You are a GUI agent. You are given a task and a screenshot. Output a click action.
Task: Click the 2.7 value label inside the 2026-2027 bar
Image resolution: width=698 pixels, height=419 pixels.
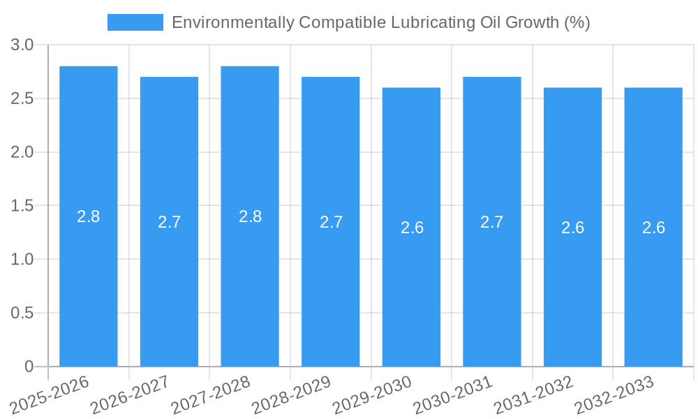tap(169, 222)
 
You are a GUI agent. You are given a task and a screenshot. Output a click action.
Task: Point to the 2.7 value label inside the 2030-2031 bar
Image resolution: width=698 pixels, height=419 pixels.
tap(492, 222)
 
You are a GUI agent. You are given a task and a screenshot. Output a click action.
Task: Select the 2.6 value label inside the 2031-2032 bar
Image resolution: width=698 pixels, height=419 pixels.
tap(572, 228)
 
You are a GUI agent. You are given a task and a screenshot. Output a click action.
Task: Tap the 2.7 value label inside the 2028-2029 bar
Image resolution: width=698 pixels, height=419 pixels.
tap(331, 222)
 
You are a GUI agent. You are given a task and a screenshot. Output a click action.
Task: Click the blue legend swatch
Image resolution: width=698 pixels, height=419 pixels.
tap(135, 22)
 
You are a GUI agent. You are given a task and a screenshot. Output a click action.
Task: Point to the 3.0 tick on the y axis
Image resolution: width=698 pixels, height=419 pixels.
tap(22, 45)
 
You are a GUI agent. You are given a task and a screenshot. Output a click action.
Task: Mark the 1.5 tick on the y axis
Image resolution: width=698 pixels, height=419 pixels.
tap(22, 206)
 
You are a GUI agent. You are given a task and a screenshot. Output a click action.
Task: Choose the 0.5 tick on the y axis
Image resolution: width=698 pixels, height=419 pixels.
tap(22, 314)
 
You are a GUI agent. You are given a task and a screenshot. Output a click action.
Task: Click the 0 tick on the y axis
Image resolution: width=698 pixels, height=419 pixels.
tap(29, 367)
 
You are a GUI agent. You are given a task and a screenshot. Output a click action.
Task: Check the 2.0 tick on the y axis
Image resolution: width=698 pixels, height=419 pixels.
tap(22, 152)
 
